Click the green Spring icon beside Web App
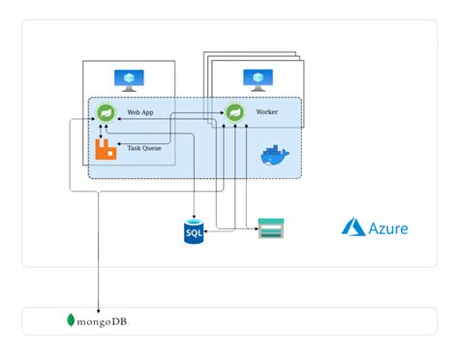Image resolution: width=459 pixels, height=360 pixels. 106,114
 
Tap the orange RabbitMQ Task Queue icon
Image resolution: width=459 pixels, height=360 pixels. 106,148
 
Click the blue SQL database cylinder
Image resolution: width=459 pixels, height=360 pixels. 196,231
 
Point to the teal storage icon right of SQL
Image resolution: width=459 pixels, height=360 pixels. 272,230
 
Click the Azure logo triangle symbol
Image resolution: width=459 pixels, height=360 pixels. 352,227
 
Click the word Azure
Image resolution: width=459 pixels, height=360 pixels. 387,228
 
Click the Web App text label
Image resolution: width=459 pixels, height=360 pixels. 141,112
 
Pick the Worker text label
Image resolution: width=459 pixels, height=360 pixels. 266,112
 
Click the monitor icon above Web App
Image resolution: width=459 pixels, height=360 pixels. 128,78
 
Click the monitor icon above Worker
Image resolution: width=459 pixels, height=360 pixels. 257,78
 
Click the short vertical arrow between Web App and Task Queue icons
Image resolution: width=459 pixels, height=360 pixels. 106,131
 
